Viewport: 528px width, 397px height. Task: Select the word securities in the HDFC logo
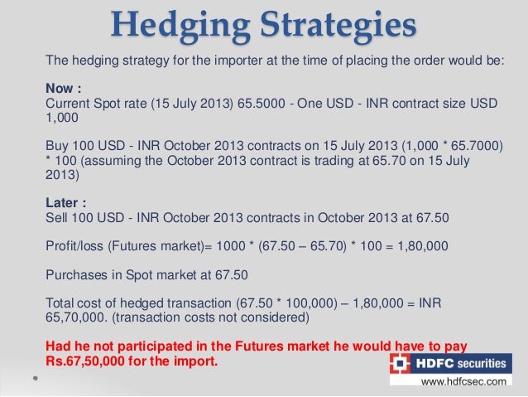[480, 363]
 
